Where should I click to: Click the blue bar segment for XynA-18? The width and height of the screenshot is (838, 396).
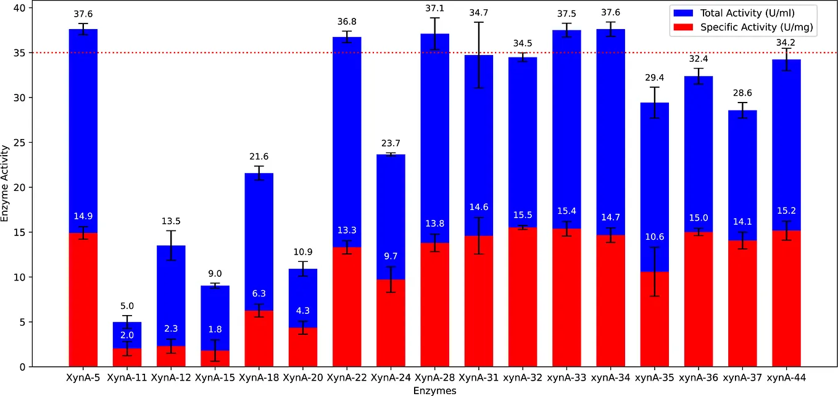(x=259, y=247)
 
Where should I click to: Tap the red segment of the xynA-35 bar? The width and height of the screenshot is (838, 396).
(x=654, y=321)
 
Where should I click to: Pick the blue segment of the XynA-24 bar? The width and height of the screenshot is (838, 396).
(x=391, y=216)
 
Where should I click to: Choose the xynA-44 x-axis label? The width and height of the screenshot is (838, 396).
(x=786, y=377)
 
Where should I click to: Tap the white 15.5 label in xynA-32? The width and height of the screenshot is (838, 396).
(x=523, y=215)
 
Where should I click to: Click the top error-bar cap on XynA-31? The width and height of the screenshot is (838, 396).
(x=479, y=22)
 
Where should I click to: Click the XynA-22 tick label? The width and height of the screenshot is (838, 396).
(x=347, y=377)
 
